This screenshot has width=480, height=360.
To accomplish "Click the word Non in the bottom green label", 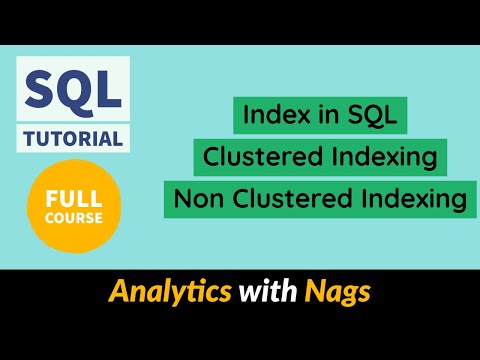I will coord(195,199).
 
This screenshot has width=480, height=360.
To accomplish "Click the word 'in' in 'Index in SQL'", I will coord(322,117).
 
